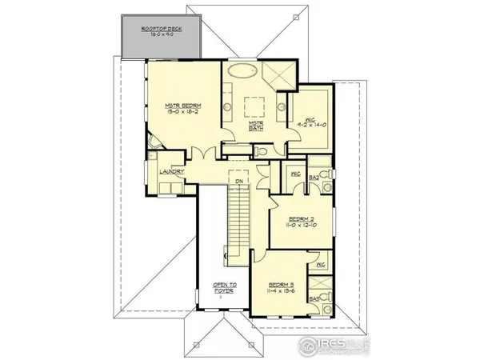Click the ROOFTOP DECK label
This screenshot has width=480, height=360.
pos(162,30)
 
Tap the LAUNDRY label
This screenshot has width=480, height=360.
pos(173,172)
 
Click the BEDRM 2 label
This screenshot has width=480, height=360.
pos(300,218)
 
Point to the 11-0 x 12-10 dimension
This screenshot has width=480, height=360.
pos(300,226)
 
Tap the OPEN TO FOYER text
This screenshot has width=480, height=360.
pos(222,286)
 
